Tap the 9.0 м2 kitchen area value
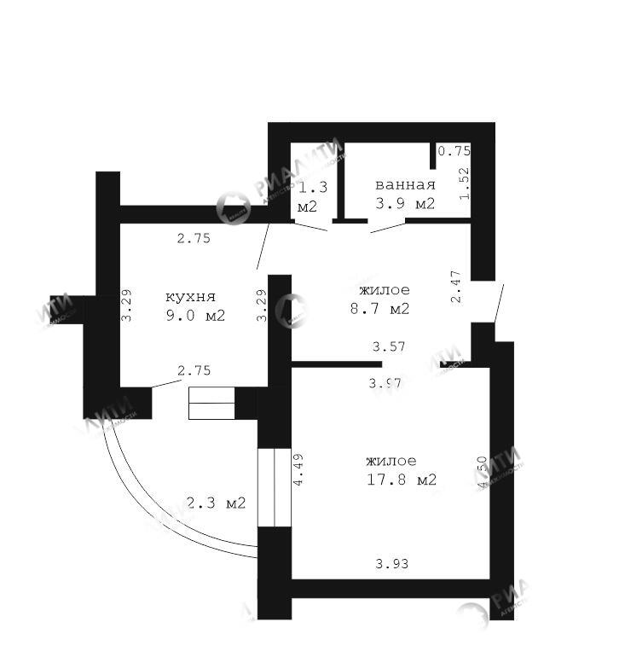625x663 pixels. point(195,315)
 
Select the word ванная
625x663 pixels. point(405,185)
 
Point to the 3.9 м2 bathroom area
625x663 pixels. point(405,204)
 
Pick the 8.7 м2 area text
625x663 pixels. point(379,309)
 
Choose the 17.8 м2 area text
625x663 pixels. point(401,480)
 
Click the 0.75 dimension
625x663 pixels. point(454,151)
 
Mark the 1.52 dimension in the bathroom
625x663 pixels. point(465,182)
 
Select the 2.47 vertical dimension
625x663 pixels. point(456,286)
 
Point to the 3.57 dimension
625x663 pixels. point(388,347)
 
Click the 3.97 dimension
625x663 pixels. point(385,383)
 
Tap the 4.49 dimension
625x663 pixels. point(298,469)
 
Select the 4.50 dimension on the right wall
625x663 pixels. point(483,471)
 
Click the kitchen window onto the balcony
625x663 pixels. point(211,403)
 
